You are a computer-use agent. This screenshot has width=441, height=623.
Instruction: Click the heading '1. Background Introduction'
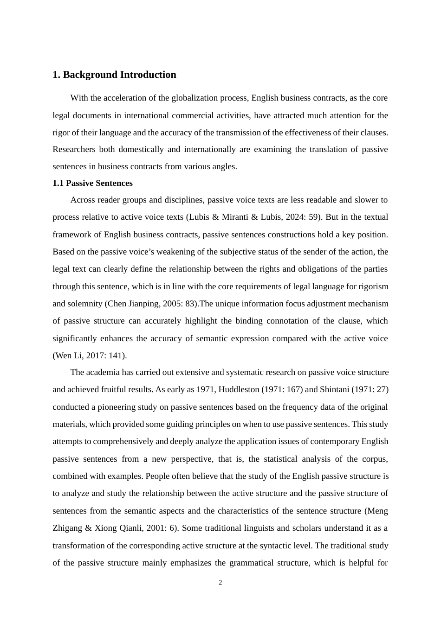114,75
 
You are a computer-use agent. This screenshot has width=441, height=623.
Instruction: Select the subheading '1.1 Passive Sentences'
92,183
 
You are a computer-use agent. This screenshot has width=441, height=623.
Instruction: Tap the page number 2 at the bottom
220,583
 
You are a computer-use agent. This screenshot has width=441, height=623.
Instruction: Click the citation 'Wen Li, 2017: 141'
89,356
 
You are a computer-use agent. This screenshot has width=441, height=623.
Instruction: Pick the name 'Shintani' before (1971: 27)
334,389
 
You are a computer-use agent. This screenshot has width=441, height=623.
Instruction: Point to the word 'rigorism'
374,286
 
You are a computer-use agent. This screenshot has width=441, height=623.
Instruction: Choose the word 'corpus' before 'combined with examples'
375,459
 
